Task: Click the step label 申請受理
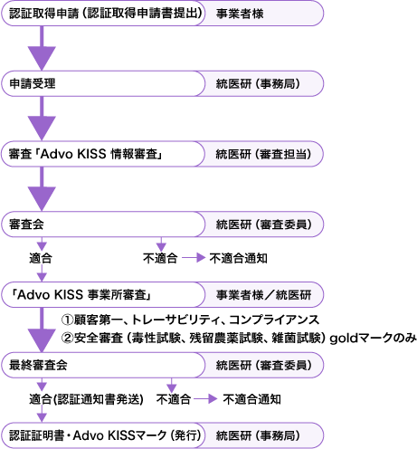33,83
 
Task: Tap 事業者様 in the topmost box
240,14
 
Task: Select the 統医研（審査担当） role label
263,154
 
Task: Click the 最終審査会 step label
38,365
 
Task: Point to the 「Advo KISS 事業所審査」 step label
81,295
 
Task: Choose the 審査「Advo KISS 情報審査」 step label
86,154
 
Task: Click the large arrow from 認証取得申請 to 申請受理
42,48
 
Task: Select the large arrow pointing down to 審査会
42,189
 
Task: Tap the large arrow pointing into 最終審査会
42,330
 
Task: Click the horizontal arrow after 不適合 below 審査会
194,258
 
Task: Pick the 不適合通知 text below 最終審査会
251,399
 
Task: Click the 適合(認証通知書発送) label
86,399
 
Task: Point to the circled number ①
67,320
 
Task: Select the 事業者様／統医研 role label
263,295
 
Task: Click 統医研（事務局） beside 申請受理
258,83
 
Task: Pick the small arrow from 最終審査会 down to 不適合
172,386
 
